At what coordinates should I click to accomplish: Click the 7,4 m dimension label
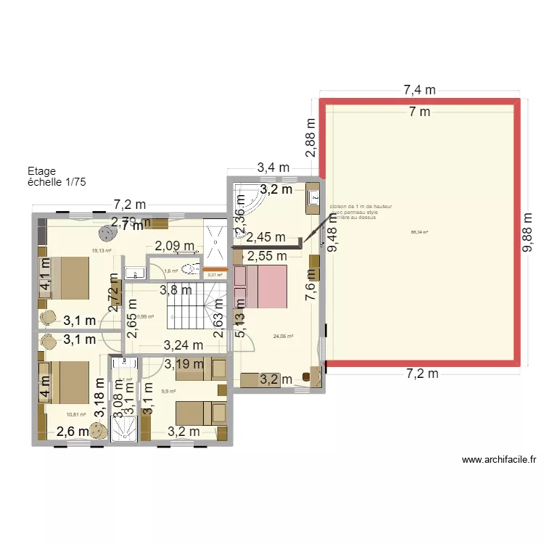click(x=419, y=91)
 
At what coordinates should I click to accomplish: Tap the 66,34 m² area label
click(x=419, y=232)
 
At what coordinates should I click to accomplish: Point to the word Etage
click(x=41, y=171)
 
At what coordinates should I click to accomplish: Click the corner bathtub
click(x=247, y=199)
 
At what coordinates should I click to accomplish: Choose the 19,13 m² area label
click(x=101, y=251)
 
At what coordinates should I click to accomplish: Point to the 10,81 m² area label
click(x=75, y=415)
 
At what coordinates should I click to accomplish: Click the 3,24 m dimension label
click(x=184, y=345)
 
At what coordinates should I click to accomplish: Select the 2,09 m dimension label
click(x=173, y=246)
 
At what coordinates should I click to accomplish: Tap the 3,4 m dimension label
click(x=273, y=168)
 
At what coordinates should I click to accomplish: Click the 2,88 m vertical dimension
click(x=310, y=138)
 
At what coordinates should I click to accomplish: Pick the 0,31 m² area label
click(x=215, y=274)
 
